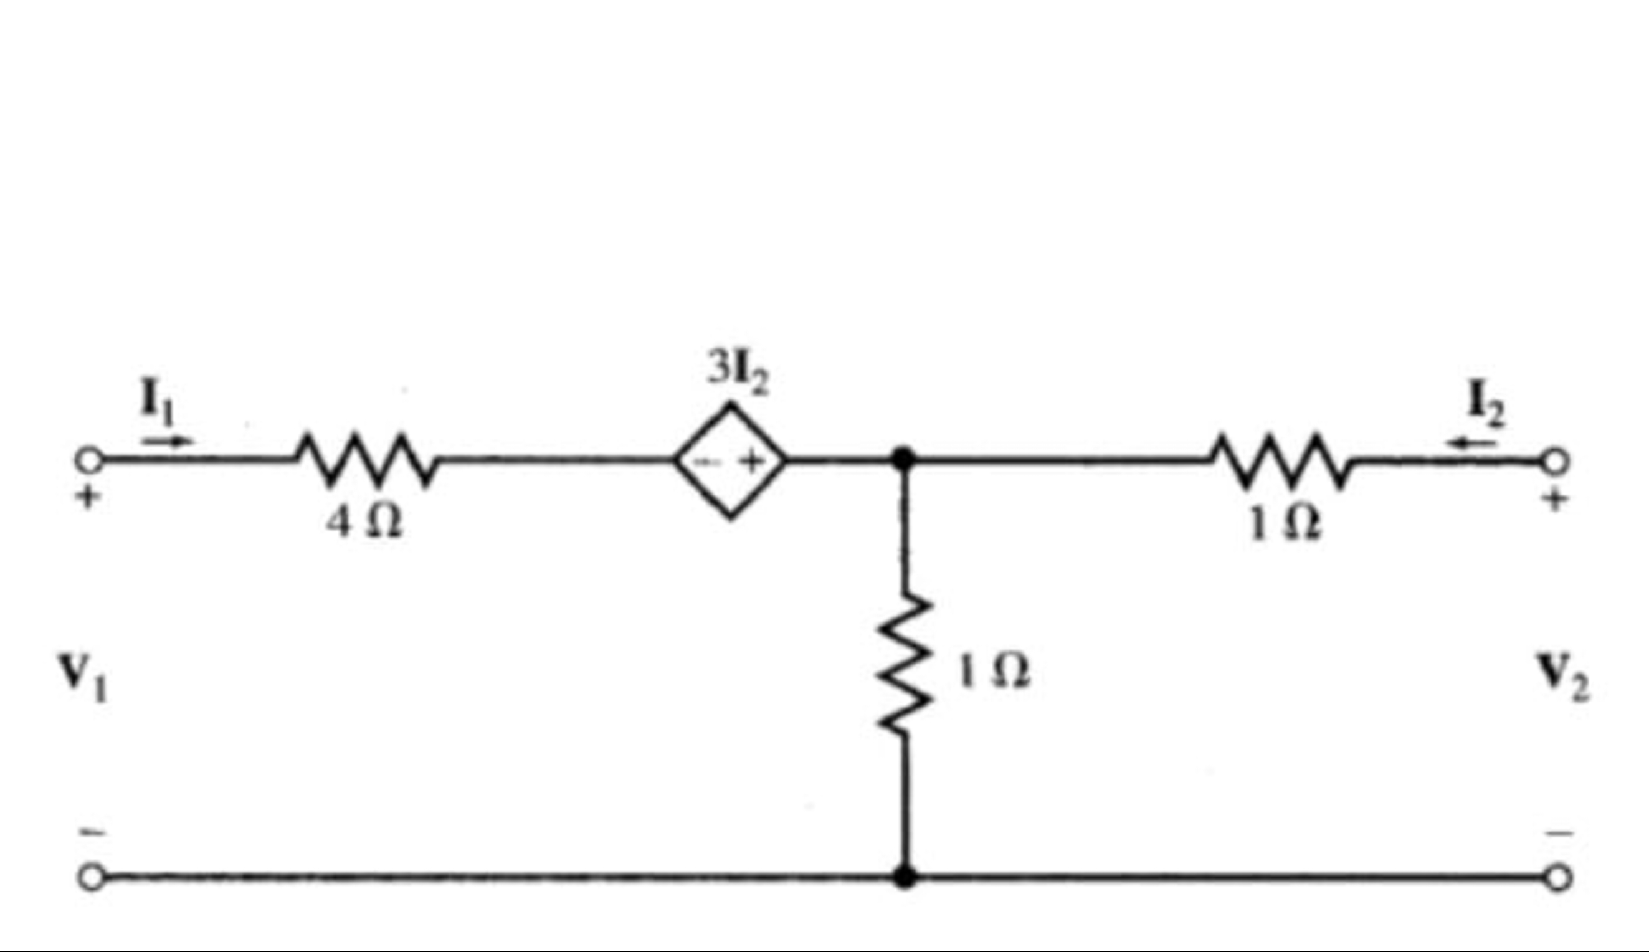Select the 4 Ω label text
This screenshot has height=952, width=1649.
coord(364,523)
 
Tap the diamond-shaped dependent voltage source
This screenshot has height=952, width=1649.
coord(730,461)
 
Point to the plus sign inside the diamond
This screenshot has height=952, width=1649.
coord(752,462)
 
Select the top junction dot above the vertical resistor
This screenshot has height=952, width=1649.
coord(903,459)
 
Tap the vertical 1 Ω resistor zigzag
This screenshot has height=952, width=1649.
coord(904,664)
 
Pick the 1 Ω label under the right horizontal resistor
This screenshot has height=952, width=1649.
coord(1284,525)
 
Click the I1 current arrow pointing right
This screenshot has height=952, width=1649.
coord(169,440)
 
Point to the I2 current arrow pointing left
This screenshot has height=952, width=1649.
coord(1471,444)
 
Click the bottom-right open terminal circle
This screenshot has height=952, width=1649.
coord(1558,878)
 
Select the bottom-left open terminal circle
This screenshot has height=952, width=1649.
coord(91,877)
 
